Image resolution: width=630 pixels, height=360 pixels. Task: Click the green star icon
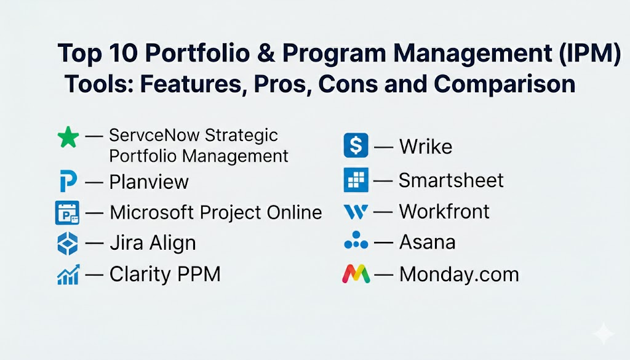[x=68, y=137]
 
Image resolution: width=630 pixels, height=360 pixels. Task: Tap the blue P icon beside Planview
[x=68, y=181]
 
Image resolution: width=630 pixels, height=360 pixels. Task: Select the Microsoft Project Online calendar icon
[x=67, y=212]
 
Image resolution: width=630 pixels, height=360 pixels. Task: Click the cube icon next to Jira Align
[x=68, y=244]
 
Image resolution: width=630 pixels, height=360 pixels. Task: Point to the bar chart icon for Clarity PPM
[x=68, y=275]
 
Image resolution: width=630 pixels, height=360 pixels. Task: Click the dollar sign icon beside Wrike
[x=356, y=145]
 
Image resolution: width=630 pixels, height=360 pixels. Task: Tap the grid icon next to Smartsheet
[x=356, y=180]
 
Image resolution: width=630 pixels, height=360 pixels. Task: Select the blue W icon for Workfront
[x=356, y=212]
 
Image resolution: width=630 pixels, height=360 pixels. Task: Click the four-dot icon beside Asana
[x=356, y=240]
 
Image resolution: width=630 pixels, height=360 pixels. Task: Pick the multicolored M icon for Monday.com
[x=356, y=274]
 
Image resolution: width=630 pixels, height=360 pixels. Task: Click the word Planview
[x=149, y=182]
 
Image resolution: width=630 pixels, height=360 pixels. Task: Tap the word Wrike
[x=426, y=146]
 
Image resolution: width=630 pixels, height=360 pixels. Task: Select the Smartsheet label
[x=451, y=180]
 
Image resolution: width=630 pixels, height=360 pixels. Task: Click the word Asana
[x=427, y=242]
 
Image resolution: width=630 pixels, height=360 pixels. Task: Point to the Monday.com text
[x=459, y=274]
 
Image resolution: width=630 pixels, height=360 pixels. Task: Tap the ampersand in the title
[x=266, y=53]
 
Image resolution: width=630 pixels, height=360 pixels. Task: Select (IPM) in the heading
[x=589, y=54]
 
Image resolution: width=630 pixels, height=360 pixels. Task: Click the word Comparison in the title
[x=504, y=84]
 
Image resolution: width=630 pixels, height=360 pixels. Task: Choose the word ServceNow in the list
[x=153, y=135]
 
